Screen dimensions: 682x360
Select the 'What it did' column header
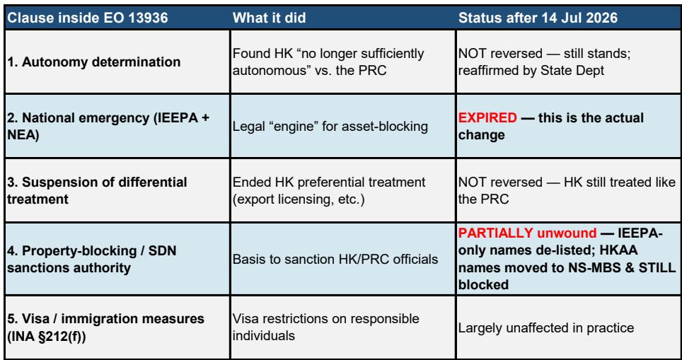coord(270,18)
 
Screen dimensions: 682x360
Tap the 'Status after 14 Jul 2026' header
coord(538,18)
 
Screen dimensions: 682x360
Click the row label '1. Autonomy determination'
coord(94,62)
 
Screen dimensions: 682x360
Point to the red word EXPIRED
coord(487,118)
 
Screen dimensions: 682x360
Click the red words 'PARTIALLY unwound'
coord(527,233)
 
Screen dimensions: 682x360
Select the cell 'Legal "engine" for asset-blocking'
coord(330,126)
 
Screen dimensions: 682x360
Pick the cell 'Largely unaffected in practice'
coord(546,327)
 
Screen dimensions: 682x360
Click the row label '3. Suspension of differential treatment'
coord(97,190)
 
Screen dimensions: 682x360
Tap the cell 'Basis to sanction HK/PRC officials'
coord(335,259)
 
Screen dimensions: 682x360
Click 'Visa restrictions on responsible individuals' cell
coord(326,327)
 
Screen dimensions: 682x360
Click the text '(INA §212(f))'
coord(47,336)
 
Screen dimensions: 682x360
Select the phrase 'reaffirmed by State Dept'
coord(531,71)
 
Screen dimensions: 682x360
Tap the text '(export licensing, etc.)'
coord(299,199)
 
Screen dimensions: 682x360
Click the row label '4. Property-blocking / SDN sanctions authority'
coord(92,259)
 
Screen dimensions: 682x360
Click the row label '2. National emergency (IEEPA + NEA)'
coord(108,126)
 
